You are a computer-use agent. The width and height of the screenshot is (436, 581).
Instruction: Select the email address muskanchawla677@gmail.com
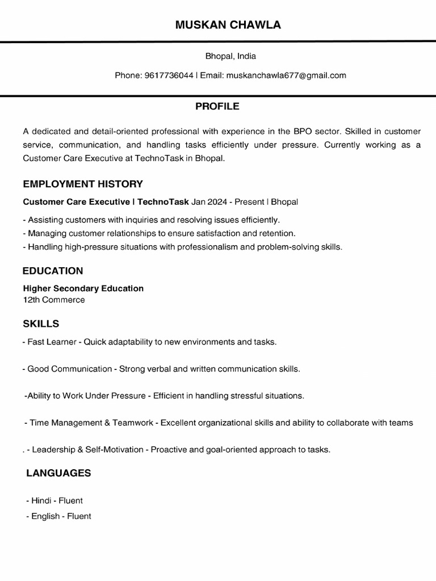[286, 75]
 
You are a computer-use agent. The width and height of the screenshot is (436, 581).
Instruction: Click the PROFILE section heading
[217, 106]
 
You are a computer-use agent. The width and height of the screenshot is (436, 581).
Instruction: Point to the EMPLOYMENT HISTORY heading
[83, 184]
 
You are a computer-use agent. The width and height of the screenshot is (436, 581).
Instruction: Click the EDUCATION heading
[53, 271]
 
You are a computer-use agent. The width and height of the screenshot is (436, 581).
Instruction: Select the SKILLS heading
[41, 324]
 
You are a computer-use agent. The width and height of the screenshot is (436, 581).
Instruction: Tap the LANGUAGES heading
[58, 473]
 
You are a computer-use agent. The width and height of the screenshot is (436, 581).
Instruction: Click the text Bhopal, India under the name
[230, 56]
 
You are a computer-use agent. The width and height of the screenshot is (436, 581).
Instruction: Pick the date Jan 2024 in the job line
[208, 201]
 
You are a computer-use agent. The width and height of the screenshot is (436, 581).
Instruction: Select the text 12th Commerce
[54, 300]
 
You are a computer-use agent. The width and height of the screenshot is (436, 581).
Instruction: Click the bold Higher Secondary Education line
[83, 288]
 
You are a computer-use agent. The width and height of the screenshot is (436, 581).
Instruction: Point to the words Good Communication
[70, 369]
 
